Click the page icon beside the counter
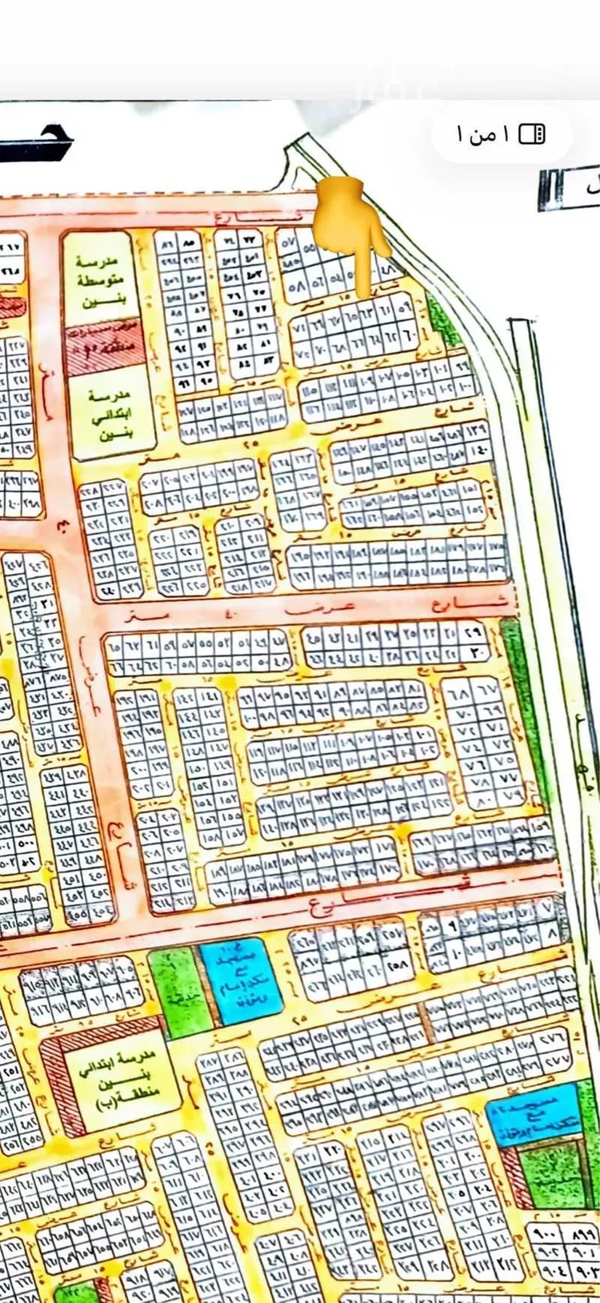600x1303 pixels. click(x=532, y=134)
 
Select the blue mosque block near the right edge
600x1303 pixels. click(x=533, y=1113)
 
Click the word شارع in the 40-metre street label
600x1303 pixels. click(x=480, y=602)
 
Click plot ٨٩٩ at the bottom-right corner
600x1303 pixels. click(x=582, y=1234)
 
